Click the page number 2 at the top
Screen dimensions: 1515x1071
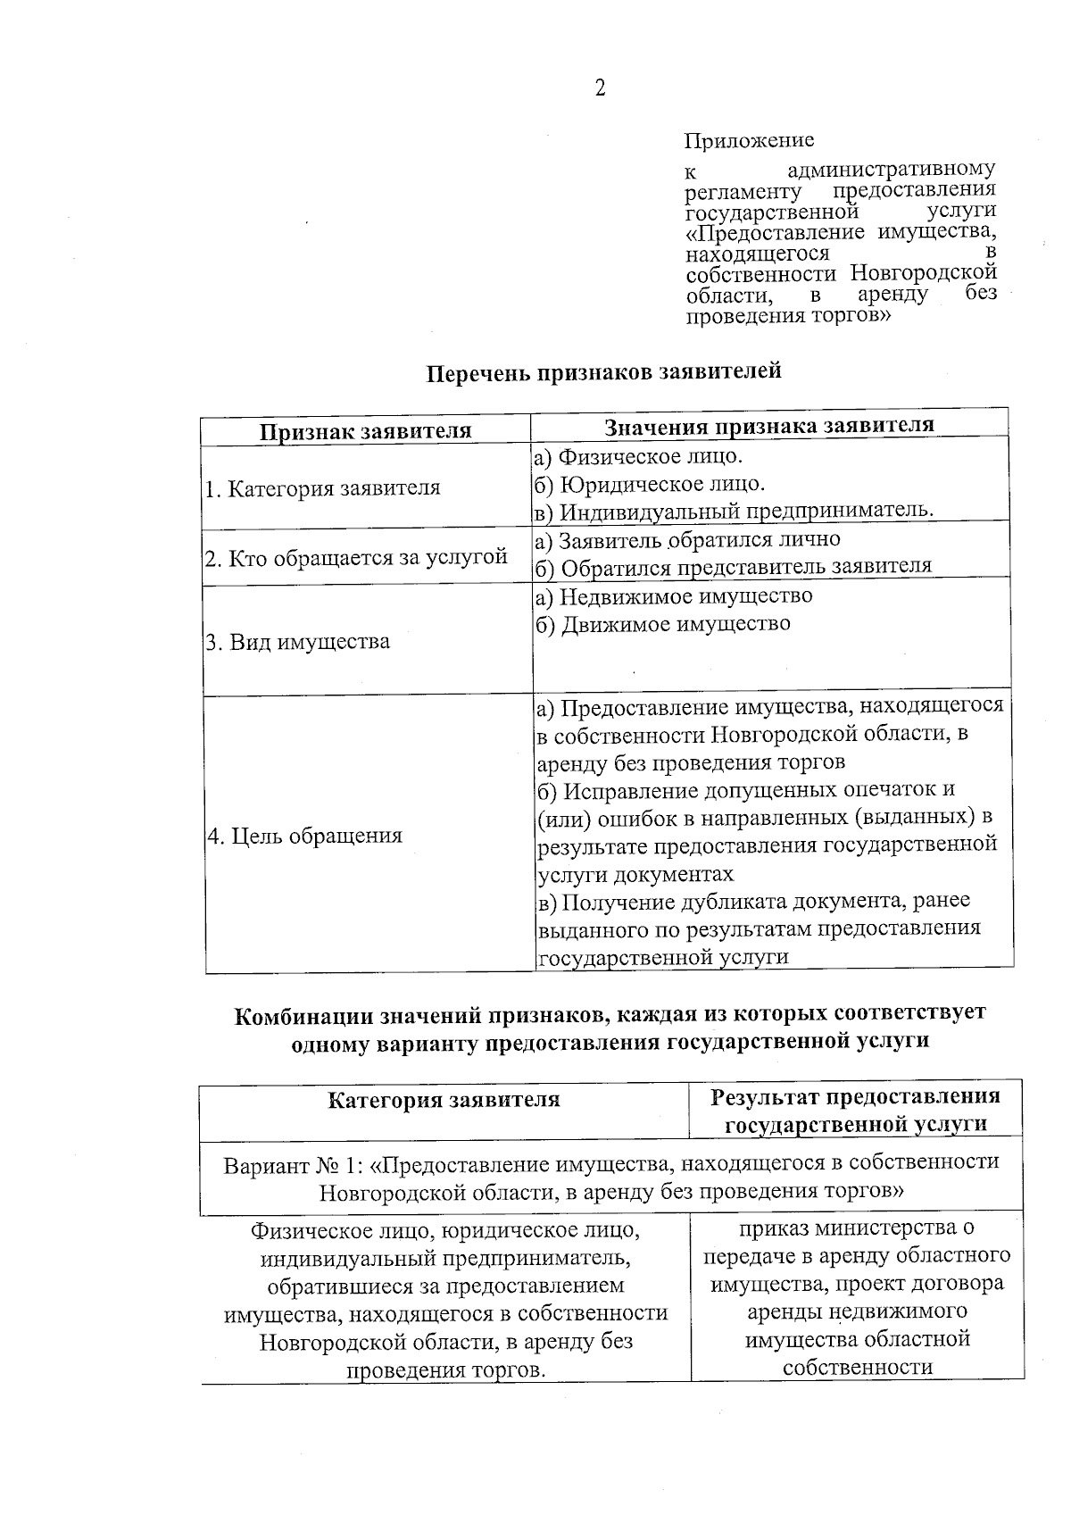click(599, 88)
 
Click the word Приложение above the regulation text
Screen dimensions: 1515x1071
click(749, 141)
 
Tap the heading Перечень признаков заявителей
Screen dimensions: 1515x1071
click(603, 371)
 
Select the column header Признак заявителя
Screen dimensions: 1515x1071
click(365, 432)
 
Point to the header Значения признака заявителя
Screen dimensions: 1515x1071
click(769, 426)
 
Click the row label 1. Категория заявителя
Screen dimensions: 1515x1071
click(322, 488)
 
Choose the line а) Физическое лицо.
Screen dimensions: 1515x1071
click(637, 456)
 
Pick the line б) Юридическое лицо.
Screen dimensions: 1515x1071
click(649, 484)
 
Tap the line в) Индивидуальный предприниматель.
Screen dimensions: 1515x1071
click(733, 511)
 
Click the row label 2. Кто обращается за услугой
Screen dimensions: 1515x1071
click(356, 559)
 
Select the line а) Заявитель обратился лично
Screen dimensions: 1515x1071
click(686, 539)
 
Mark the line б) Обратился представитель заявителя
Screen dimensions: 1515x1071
click(733, 566)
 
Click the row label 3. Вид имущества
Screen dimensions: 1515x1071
click(297, 642)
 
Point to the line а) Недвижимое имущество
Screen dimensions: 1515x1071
click(674, 595)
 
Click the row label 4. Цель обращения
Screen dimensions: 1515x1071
click(304, 836)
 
